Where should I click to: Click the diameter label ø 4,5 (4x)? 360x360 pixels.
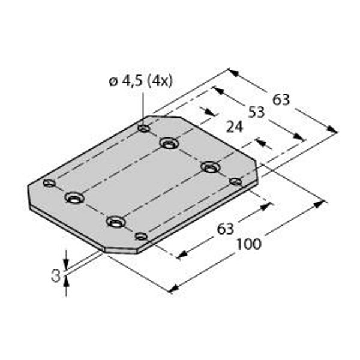(140, 81)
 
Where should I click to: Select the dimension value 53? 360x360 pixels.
(256, 112)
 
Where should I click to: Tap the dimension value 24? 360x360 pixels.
(235, 127)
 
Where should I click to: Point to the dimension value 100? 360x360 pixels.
(249, 244)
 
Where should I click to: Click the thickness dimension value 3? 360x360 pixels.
(56, 276)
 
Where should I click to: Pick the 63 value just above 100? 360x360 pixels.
(226, 229)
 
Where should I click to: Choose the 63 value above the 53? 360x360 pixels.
(281, 100)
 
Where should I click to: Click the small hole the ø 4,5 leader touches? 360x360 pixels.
(144, 128)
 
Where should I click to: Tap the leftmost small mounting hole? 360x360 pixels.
(49, 183)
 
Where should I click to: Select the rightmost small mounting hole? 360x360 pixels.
(236, 182)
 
